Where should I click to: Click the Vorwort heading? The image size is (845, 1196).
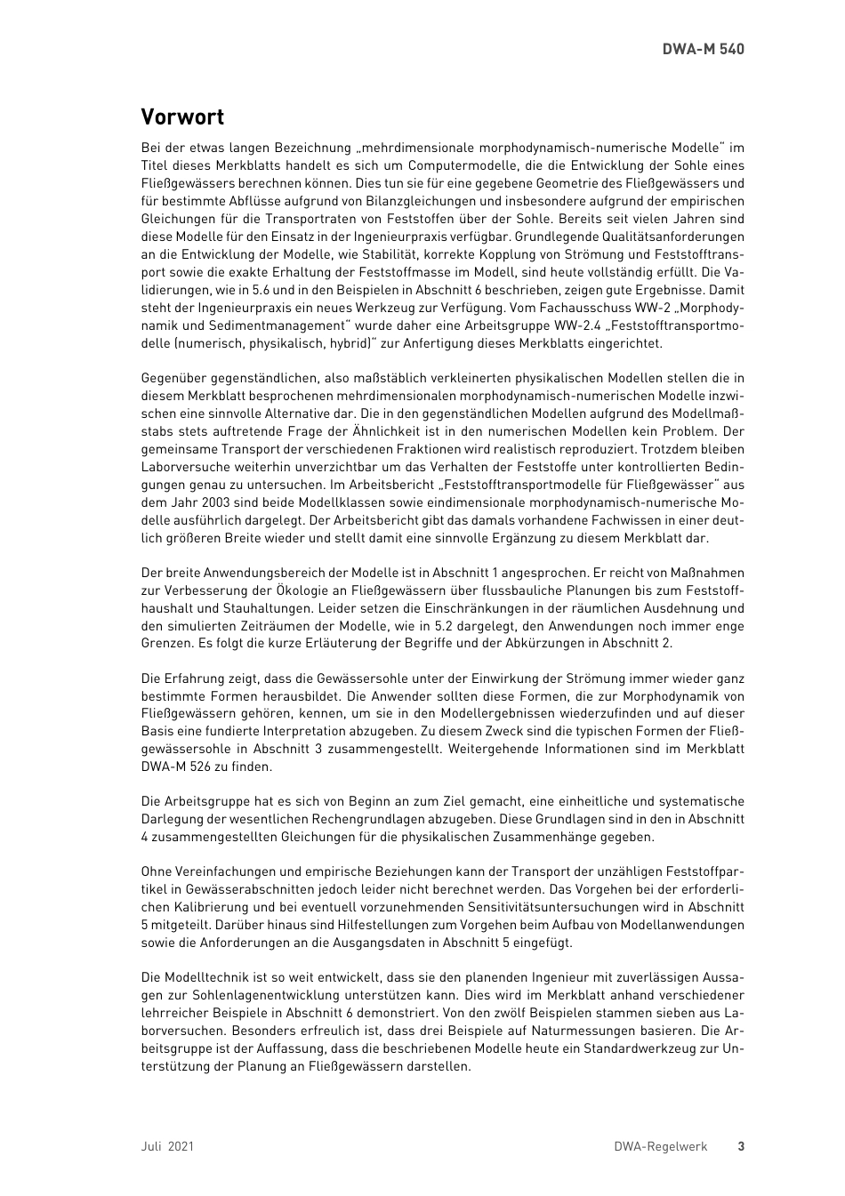click(182, 117)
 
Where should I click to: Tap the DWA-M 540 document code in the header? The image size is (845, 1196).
click(703, 49)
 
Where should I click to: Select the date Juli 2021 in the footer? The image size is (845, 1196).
click(167, 1146)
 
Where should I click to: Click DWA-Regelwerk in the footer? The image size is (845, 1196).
click(660, 1146)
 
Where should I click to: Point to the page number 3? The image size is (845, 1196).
click(741, 1146)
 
